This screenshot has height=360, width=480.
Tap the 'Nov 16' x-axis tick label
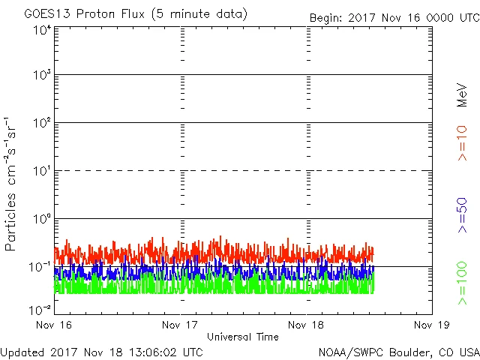pyautogui.click(x=54, y=325)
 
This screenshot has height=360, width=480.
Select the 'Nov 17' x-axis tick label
pyautogui.click(x=180, y=325)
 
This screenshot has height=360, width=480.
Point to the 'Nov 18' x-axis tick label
pyautogui.click(x=306, y=325)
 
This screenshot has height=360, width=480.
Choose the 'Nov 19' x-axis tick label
pyautogui.click(x=432, y=325)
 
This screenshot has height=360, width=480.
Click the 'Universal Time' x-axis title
pyautogui.click(x=243, y=337)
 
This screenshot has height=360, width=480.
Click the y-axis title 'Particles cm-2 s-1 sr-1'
pyautogui.click(x=11, y=184)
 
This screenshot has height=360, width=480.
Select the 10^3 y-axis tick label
pyautogui.click(x=42, y=75)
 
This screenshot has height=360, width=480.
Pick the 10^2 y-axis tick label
pyautogui.click(x=42, y=123)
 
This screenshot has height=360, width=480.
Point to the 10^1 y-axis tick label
pyautogui.click(x=42, y=171)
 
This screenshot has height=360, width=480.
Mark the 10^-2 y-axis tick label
pyautogui.click(x=40, y=309)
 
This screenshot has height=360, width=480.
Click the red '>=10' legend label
pyautogui.click(x=462, y=143)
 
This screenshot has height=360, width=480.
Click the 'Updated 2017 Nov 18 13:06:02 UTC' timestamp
pyautogui.click(x=102, y=351)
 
